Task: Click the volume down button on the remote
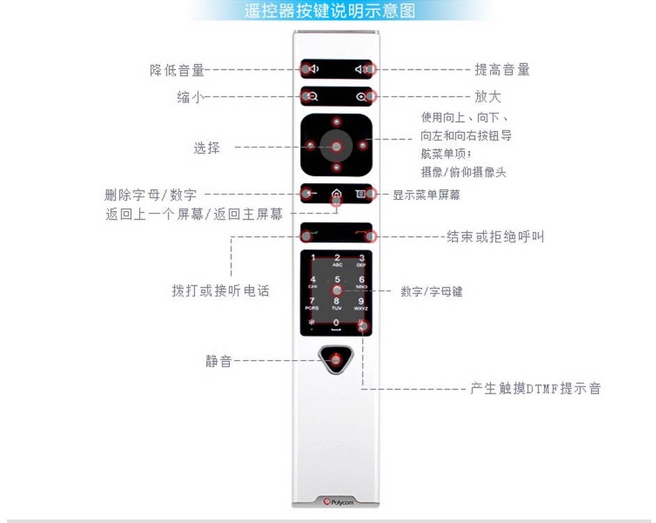coord(311,69)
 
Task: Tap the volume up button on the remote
coord(362,69)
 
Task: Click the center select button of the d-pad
coord(336,147)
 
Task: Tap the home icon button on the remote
coord(337,194)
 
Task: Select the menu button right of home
coord(361,194)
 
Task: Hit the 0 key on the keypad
coord(336,323)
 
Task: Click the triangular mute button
coord(336,359)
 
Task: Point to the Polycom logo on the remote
coord(337,501)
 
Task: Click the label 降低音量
coord(177,70)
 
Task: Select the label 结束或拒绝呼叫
coord(495,237)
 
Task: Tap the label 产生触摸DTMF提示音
coord(535,389)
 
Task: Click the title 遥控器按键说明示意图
coord(329,11)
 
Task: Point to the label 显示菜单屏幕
coord(426,195)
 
